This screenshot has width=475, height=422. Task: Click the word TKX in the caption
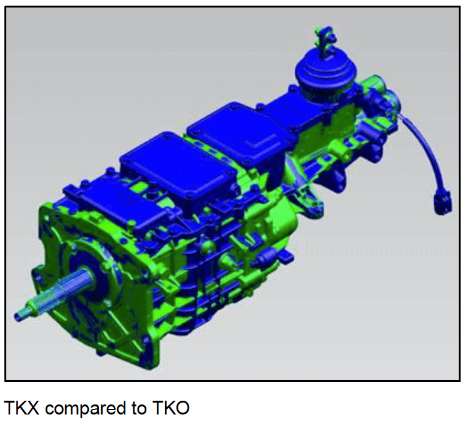tap(21, 408)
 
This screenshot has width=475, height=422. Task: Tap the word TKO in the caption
tap(171, 408)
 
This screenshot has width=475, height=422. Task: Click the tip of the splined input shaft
tap(17, 317)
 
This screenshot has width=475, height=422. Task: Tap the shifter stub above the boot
tap(325, 41)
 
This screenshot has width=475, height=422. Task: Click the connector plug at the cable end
tap(442, 203)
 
